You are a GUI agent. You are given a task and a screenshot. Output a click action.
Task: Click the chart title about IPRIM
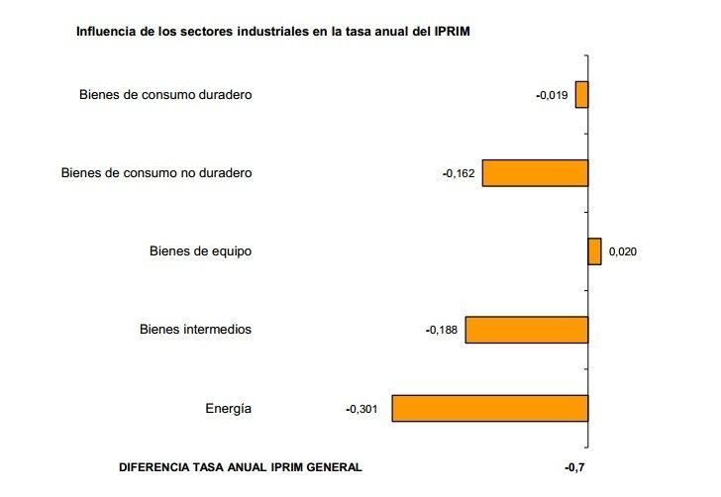pyautogui.click(x=272, y=32)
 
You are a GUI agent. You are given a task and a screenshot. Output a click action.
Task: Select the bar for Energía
pyautogui.click(x=490, y=409)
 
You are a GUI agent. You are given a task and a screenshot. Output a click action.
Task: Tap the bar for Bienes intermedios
pyautogui.click(x=527, y=330)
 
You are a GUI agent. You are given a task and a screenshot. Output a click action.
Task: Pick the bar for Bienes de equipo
pyautogui.click(x=594, y=251)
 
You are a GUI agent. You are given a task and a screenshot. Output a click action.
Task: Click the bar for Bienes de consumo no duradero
pyautogui.click(x=535, y=173)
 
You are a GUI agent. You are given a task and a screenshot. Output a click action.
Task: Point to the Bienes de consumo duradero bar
pyautogui.click(x=582, y=95)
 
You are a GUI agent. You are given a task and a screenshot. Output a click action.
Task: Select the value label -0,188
pyautogui.click(x=442, y=330)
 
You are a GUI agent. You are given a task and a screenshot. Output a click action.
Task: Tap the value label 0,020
pyautogui.click(x=622, y=251)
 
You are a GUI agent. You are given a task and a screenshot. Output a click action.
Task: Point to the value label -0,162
pyautogui.click(x=459, y=173)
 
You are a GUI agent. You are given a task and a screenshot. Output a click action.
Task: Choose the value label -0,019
pyautogui.click(x=552, y=95)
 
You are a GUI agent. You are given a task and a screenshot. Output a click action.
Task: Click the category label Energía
pyautogui.click(x=229, y=409)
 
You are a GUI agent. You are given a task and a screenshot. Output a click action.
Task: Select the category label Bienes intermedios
pyautogui.click(x=195, y=330)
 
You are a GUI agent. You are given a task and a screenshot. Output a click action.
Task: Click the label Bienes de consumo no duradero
pyautogui.click(x=156, y=173)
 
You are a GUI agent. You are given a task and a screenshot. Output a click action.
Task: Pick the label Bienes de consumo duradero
pyautogui.click(x=165, y=95)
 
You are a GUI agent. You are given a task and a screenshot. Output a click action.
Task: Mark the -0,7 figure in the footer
pyautogui.click(x=575, y=466)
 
